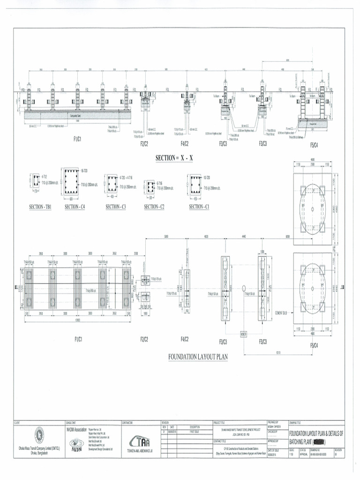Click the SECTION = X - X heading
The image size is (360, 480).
point(174,158)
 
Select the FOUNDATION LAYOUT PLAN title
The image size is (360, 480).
point(198,357)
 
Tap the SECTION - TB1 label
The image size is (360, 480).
point(40,207)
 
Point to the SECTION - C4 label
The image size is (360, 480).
point(79,207)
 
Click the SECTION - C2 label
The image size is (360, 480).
point(154,207)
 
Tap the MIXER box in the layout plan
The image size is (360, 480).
point(243,334)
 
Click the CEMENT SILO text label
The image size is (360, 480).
point(282,311)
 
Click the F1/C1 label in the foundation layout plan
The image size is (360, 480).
point(77,339)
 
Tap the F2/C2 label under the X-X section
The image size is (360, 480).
point(144,143)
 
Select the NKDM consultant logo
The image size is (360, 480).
point(76,443)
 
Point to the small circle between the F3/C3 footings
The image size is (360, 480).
point(244,288)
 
